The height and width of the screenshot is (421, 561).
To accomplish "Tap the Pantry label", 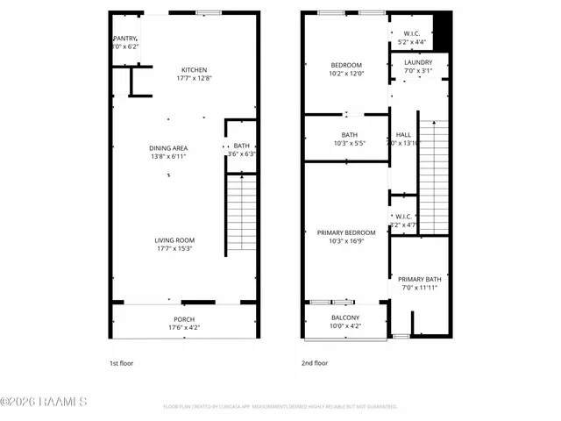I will tap(125, 39).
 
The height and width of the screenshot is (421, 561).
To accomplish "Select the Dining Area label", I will tap(168, 148).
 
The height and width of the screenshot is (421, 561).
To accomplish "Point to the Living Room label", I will tap(174, 240).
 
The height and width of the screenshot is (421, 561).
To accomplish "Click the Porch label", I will tap(184, 319).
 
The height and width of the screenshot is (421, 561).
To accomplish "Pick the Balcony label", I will tap(345, 318).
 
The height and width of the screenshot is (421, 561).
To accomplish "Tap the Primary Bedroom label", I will tap(345, 232).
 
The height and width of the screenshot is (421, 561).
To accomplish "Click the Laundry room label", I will tap(418, 63).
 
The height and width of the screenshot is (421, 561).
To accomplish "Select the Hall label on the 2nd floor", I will tap(403, 135).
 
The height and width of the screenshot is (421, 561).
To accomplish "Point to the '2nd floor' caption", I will tap(315, 362).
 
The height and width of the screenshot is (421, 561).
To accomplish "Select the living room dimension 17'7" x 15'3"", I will tap(174, 248).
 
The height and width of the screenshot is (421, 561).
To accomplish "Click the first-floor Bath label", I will tap(241, 146).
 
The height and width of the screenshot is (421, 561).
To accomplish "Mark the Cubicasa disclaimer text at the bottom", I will tap(280, 407).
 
